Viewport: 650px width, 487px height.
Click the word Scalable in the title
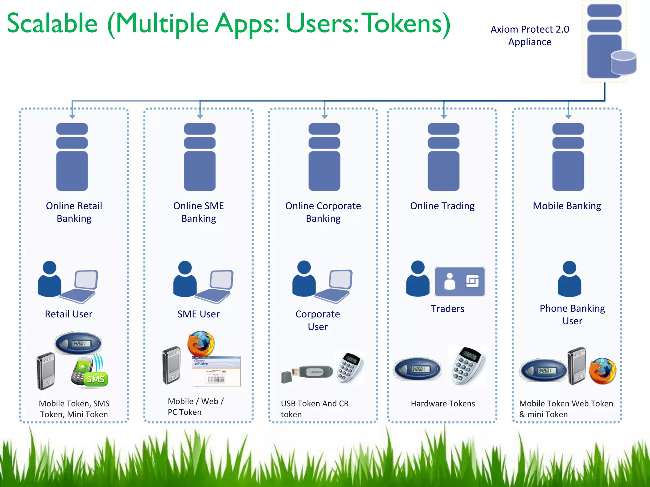[x=52, y=23]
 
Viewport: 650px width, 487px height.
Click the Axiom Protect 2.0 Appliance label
[x=529, y=36]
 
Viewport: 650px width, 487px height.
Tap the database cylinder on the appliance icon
[x=623, y=62]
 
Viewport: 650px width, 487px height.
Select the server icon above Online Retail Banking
[x=72, y=157]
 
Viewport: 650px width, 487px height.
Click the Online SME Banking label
[x=199, y=212]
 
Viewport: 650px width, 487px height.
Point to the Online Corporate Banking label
[x=323, y=212]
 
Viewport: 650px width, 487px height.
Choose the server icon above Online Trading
[x=443, y=157]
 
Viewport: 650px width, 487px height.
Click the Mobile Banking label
[x=567, y=206]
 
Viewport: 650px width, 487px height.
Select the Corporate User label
[x=318, y=320]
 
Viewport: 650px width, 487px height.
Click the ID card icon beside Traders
[x=460, y=282]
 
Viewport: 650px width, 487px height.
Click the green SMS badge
[x=96, y=379]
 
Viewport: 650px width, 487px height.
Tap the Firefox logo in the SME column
[x=201, y=344]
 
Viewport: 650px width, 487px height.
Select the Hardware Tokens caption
[x=443, y=404]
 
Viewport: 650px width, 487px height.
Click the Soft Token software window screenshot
[x=216, y=371]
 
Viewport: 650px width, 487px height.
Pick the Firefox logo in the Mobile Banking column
[x=602, y=371]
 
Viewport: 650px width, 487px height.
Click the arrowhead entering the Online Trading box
[x=444, y=117]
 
